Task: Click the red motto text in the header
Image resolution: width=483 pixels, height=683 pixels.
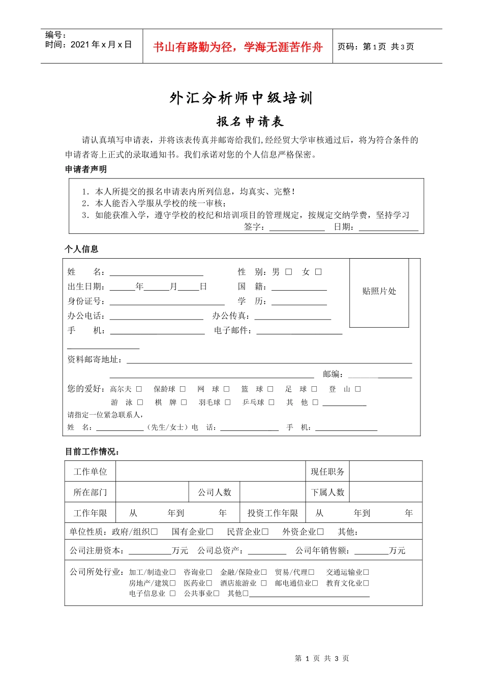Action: [x=238, y=47]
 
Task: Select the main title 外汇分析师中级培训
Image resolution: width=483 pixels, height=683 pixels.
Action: [x=241, y=98]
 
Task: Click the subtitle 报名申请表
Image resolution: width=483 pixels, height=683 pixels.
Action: [x=250, y=121]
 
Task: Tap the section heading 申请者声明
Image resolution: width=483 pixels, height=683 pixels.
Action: [x=86, y=169]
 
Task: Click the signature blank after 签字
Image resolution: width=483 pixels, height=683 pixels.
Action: [x=297, y=228]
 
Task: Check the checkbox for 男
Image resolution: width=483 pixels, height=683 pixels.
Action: [x=289, y=272]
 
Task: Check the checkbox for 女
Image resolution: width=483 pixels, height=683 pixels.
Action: [x=318, y=272]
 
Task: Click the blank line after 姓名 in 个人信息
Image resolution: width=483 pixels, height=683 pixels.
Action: [x=157, y=273]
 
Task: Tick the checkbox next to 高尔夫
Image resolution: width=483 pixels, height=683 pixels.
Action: [x=139, y=389]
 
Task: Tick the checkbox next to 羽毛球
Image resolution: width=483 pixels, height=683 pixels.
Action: [x=228, y=402]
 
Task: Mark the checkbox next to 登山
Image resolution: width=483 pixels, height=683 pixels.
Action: [x=358, y=389]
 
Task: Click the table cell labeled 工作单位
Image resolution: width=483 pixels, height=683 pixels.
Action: [x=90, y=472]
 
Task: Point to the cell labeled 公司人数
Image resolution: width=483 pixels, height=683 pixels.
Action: [x=215, y=492]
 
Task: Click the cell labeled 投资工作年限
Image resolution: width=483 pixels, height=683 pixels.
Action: [x=273, y=513]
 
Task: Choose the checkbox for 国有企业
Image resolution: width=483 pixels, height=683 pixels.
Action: [x=209, y=532]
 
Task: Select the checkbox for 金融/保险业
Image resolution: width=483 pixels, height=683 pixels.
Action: [x=264, y=573]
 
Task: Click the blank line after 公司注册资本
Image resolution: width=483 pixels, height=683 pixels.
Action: [x=150, y=551]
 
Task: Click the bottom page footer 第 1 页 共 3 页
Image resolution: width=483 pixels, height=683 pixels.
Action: [x=322, y=659]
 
